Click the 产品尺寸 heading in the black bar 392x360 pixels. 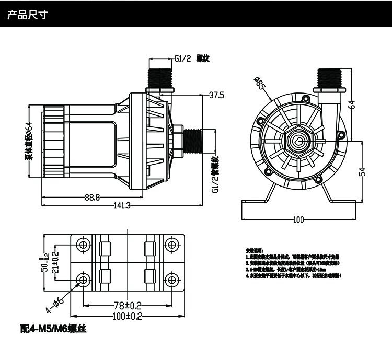[x=27, y=15]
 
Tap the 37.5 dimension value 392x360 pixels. [x=216, y=96]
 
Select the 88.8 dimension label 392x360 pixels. [x=92, y=198]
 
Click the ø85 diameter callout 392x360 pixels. [x=260, y=84]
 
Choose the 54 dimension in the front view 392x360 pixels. [x=361, y=171]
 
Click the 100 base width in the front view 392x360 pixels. [x=298, y=220]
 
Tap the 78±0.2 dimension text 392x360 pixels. [x=127, y=306]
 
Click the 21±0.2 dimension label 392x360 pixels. [x=55, y=262]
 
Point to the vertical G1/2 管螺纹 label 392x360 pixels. [x=215, y=175]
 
